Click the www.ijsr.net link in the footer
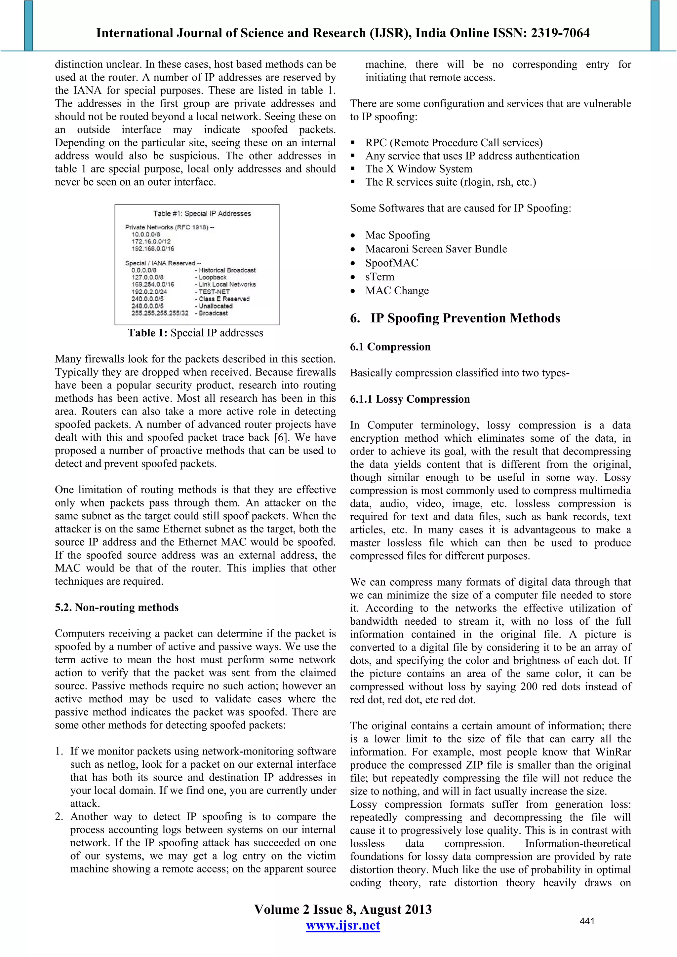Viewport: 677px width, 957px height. pos(343,925)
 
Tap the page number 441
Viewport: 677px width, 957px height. pos(587,921)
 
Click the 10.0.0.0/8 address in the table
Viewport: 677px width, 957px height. pos(145,234)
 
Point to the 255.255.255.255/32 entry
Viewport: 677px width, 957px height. pos(160,313)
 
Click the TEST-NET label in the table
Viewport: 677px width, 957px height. pos(214,292)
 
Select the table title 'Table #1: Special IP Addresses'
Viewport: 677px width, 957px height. pos(202,213)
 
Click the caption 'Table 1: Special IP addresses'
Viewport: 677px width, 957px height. pos(195,333)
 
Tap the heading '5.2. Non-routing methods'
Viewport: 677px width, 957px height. pos(117,607)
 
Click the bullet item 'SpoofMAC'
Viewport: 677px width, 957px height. pos(392,263)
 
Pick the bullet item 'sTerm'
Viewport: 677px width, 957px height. pos(379,277)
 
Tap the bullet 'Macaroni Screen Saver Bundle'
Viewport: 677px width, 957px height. pos(436,249)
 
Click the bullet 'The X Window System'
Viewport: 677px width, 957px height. pos(419,169)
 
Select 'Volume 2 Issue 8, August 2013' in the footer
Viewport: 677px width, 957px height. pos(343,909)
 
